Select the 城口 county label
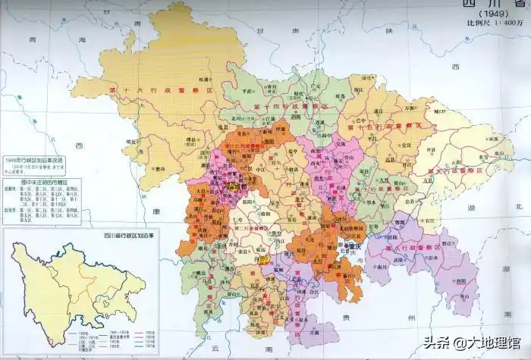[x=438, y=111]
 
